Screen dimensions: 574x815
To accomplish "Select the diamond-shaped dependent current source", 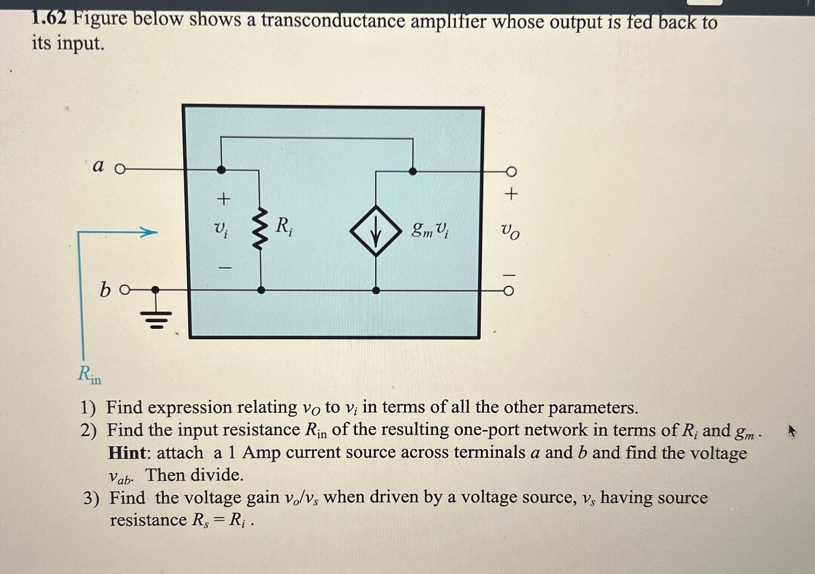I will [x=376, y=231].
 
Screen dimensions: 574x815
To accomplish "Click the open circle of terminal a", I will [x=120, y=170].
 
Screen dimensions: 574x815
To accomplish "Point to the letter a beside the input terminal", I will [x=98, y=165].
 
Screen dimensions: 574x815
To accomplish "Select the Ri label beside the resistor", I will [x=284, y=227].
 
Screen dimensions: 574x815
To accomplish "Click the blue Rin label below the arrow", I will [x=90, y=374].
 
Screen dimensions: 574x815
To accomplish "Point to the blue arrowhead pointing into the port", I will [x=150, y=232].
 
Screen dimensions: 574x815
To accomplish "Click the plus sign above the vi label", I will [x=224, y=198].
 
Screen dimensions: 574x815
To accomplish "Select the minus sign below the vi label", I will [x=225, y=268].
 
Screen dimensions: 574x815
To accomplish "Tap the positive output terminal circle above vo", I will [x=511, y=172].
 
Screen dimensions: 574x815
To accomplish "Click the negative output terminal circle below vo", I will [x=508, y=291].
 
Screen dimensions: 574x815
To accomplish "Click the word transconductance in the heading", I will [x=333, y=21].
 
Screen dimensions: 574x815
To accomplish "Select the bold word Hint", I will [x=127, y=453].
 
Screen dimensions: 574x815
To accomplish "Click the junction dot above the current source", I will [x=412, y=172].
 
